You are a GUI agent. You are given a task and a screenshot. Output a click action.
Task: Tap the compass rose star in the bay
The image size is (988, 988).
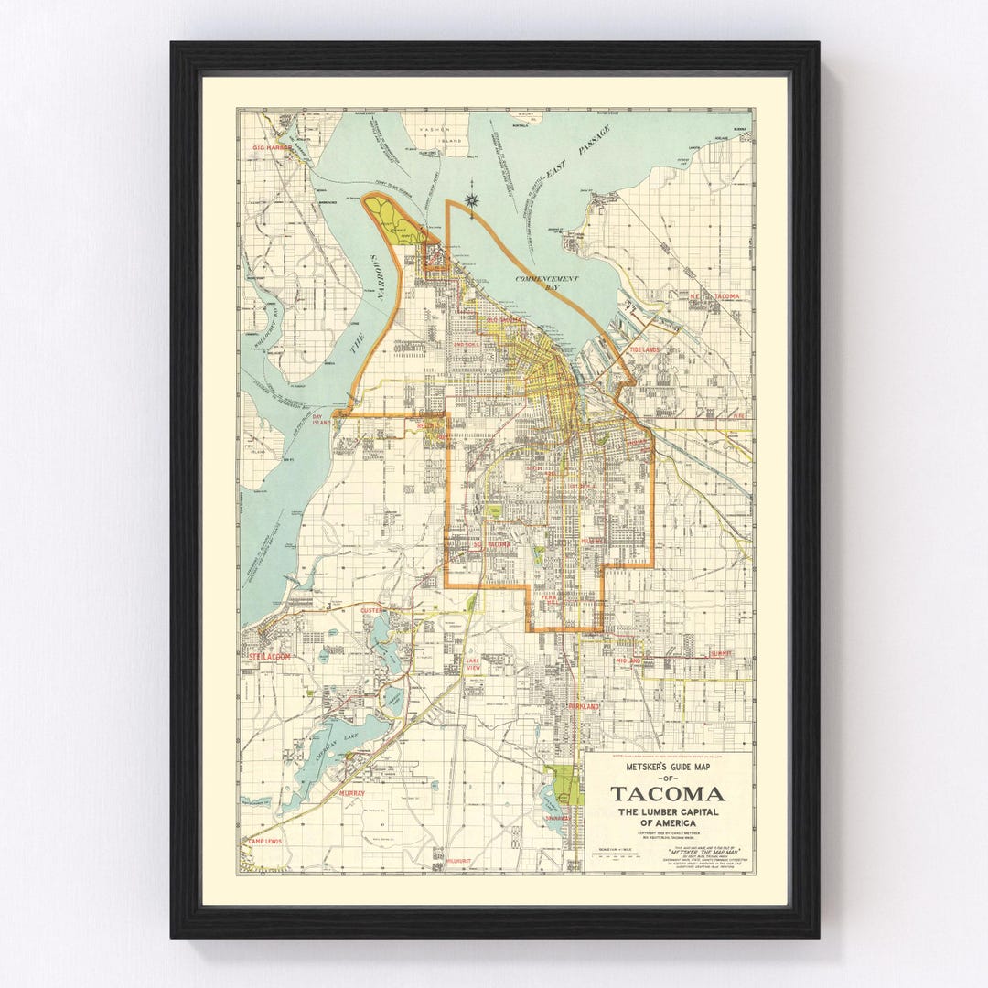[x=472, y=201]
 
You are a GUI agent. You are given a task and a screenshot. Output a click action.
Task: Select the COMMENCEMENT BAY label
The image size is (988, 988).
[x=546, y=283]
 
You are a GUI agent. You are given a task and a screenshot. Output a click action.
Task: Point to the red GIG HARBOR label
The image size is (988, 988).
[x=273, y=146]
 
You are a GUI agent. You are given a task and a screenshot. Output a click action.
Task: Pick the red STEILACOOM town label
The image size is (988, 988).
[x=268, y=656]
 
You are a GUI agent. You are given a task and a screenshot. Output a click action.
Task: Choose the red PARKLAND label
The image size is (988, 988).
[x=583, y=707]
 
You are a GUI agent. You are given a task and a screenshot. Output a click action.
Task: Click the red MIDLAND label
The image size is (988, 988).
[x=628, y=660]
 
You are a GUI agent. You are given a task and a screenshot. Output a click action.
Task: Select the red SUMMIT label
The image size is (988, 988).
[x=721, y=654]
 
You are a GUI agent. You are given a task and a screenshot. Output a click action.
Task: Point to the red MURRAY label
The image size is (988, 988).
[x=351, y=793]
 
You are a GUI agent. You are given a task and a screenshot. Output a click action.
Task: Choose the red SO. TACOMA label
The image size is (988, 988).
[x=490, y=545]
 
